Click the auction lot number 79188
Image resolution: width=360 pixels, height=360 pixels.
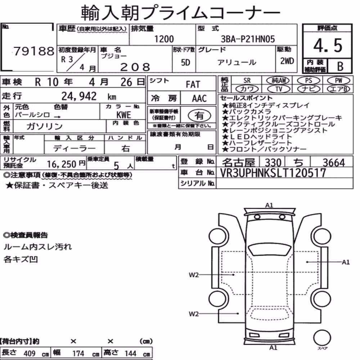click(x=34, y=51)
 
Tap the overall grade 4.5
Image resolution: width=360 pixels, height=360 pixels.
click(x=328, y=45)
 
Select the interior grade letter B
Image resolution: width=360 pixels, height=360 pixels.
click(x=340, y=67)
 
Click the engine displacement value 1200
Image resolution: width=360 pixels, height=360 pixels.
click(x=164, y=39)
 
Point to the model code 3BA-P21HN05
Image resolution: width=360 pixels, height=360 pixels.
click(x=248, y=39)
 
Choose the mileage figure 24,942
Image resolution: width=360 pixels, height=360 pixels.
click(x=79, y=96)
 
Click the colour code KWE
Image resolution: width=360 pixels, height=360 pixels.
click(x=124, y=115)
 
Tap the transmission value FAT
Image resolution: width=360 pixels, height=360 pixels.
click(x=193, y=85)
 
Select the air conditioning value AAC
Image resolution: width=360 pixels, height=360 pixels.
click(x=199, y=99)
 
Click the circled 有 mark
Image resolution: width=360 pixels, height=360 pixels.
click(x=199, y=116)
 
